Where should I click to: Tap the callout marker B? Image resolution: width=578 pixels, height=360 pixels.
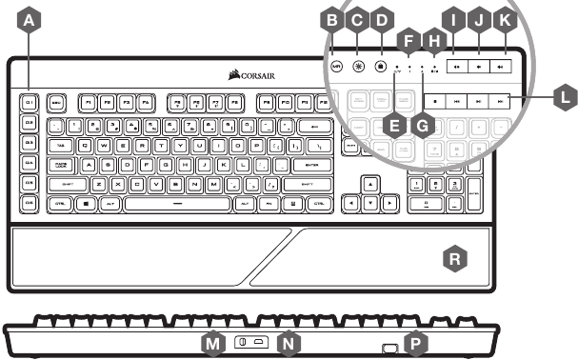pos(332,18)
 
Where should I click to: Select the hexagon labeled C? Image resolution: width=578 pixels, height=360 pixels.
pos(357,18)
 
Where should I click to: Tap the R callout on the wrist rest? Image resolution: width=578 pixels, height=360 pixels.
pos(457,257)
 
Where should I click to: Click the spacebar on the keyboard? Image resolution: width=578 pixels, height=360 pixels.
pos(175,204)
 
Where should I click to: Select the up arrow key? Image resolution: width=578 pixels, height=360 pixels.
pos(371,183)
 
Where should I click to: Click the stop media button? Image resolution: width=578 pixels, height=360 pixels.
pos(433,98)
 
